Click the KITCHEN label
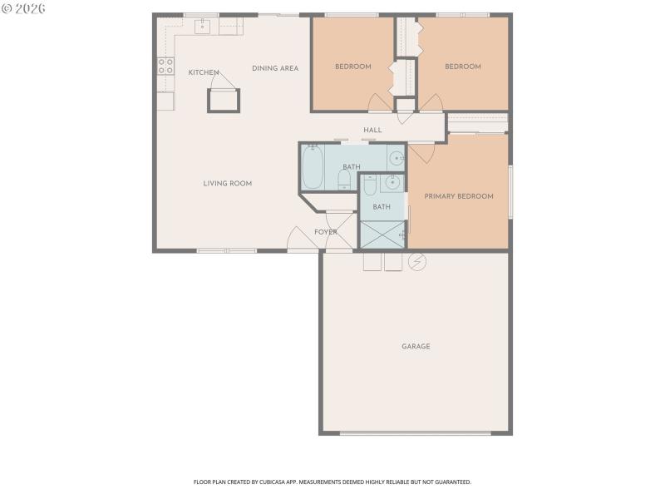tap(203, 72)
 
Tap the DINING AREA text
tap(275, 68)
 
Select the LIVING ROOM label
tap(227, 183)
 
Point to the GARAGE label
tap(416, 346)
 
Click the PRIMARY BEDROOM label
tap(459, 196)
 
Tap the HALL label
tap(372, 130)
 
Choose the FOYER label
tap(325, 232)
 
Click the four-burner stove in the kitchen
tap(166, 66)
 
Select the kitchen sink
tap(202, 26)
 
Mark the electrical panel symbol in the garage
tap(417, 262)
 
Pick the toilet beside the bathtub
tap(344, 179)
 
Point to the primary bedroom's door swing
tap(422, 152)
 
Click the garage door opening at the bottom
tap(416, 432)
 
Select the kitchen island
tap(224, 101)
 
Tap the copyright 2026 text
tap(23, 7)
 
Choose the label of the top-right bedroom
tap(462, 67)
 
